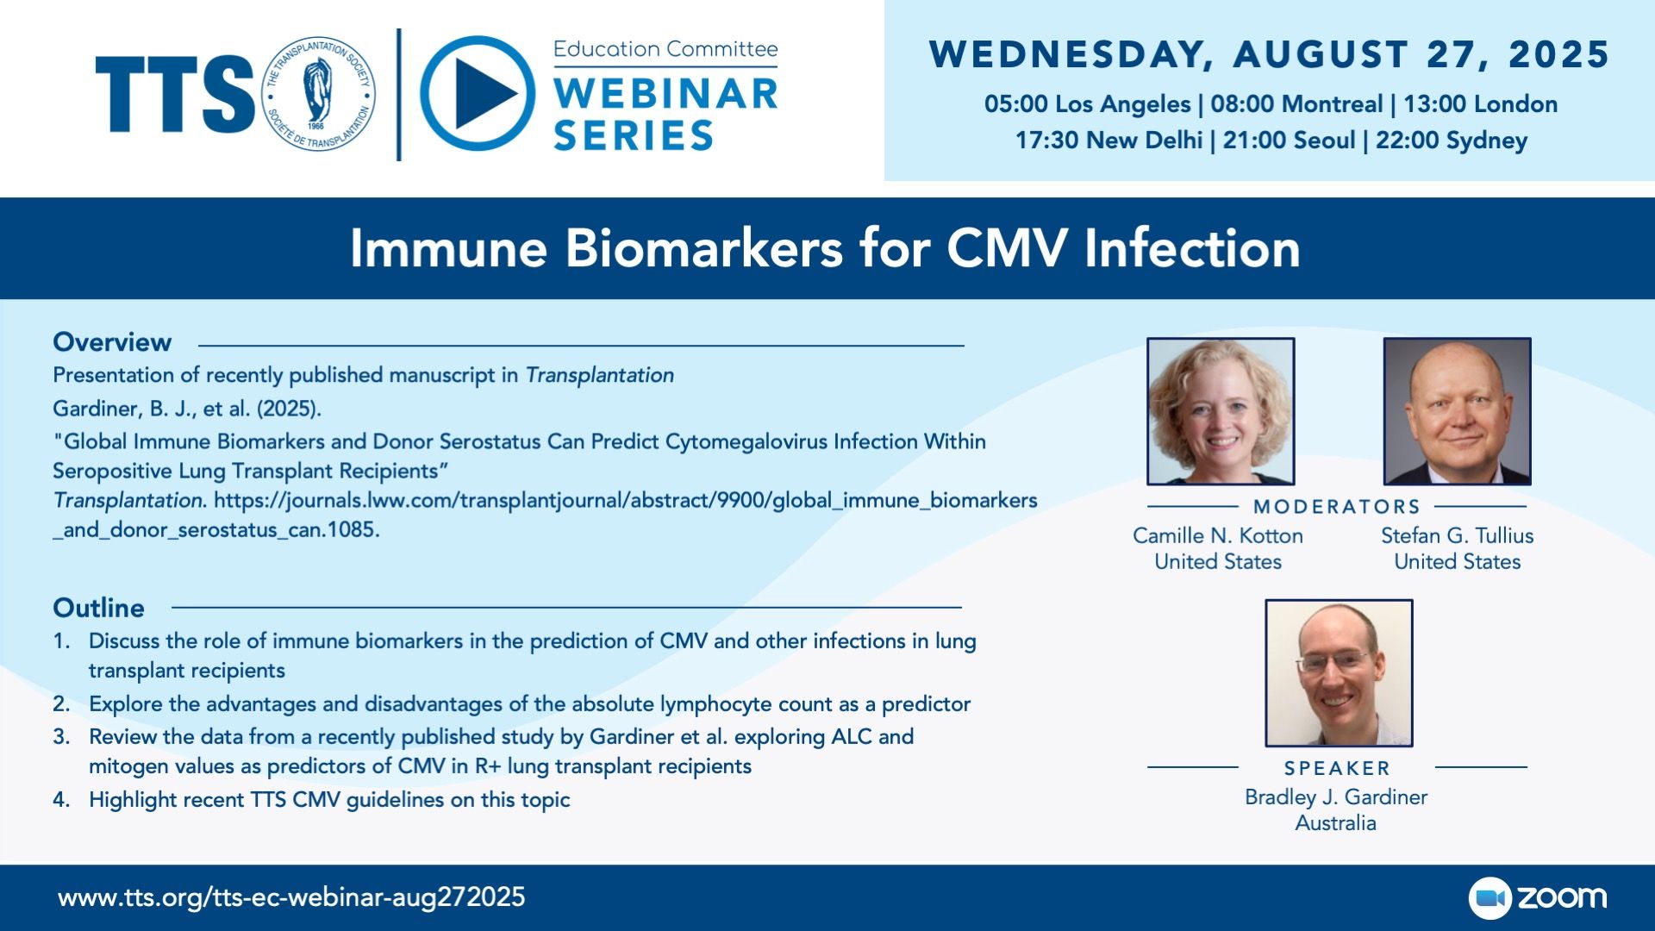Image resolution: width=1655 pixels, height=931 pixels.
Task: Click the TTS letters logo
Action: coord(175,94)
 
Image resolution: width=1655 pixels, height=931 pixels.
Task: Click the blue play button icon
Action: coord(478,93)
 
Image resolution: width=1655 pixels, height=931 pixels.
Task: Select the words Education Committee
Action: coord(665,49)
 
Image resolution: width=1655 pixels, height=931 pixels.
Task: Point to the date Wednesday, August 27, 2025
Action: coord(1269,54)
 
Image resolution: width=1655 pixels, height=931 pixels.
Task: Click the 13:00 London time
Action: coord(1480,104)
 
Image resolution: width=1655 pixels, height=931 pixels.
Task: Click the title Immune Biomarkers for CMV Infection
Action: coord(825,248)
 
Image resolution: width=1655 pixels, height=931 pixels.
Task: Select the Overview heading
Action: coord(112,342)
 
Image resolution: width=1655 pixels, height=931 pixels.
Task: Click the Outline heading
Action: coord(98,608)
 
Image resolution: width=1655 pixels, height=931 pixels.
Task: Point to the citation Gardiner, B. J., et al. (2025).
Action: coord(187,409)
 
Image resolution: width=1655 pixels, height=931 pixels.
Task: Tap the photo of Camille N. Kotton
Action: coord(1221,411)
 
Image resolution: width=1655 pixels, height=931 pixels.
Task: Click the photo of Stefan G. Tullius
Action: coord(1458,411)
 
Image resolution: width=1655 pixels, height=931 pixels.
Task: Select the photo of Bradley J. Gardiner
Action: coord(1339,673)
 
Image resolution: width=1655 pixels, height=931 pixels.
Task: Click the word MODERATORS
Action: coord(1337,507)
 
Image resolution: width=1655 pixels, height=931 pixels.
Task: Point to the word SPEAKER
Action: coord(1337,768)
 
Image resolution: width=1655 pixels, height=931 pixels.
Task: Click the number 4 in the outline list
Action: coord(60,800)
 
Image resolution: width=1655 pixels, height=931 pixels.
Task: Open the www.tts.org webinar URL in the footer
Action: coord(291,897)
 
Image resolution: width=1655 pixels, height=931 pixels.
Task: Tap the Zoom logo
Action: coord(1538,897)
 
